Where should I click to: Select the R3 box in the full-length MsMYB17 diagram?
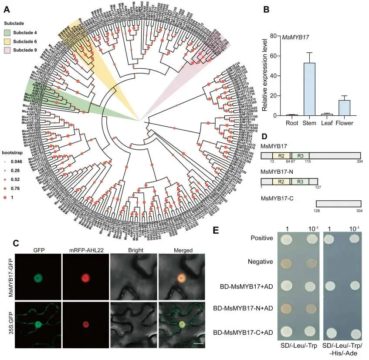click(301, 155)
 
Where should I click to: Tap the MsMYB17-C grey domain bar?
click(338, 203)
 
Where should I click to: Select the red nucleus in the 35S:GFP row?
click(85, 324)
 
